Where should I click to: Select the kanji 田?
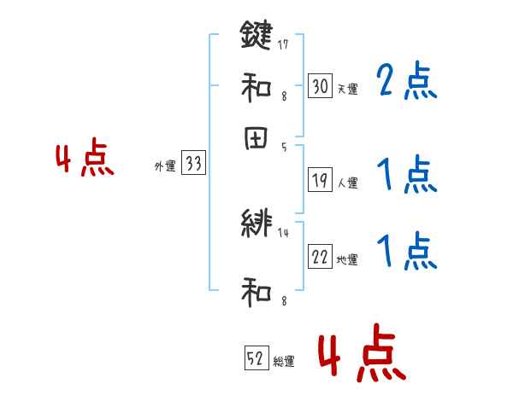point(256,139)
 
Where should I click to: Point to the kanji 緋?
point(256,224)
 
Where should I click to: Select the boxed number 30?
point(320,85)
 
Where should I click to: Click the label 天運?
point(346,88)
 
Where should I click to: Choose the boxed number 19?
point(320,179)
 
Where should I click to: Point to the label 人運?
point(347,183)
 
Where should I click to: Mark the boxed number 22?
point(320,257)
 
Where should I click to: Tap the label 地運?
point(347,259)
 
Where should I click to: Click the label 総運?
point(284,361)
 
